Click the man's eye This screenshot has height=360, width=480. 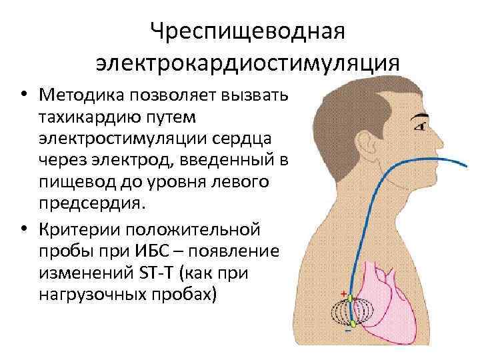(421, 125)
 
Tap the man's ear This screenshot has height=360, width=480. (365, 148)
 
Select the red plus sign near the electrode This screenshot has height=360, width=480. (344, 294)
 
